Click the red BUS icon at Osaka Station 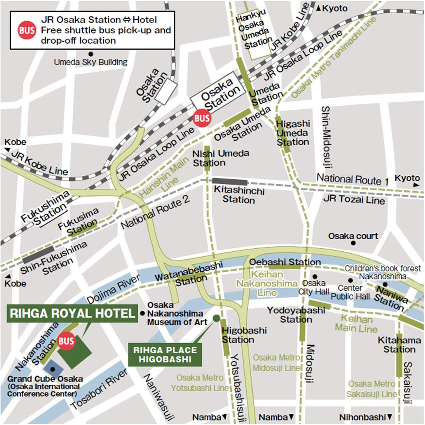202,118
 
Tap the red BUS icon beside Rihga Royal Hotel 66,341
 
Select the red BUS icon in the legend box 27,31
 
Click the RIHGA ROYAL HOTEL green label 72,313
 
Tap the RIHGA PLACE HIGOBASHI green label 165,354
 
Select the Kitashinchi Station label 239,195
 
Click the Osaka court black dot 353,243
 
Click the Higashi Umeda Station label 293,132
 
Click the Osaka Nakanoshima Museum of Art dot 143,313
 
